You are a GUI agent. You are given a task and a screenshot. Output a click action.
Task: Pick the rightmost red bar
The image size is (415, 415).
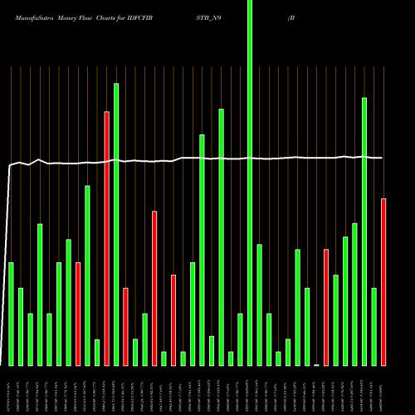(383, 282)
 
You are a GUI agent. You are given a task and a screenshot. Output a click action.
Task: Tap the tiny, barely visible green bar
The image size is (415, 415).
(316, 364)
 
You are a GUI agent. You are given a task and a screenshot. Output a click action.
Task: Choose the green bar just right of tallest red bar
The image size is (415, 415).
(116, 224)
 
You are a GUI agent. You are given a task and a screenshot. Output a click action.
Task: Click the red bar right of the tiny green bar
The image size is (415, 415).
(326, 307)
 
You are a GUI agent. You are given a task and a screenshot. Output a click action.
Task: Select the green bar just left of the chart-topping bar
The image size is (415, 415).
(241, 339)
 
